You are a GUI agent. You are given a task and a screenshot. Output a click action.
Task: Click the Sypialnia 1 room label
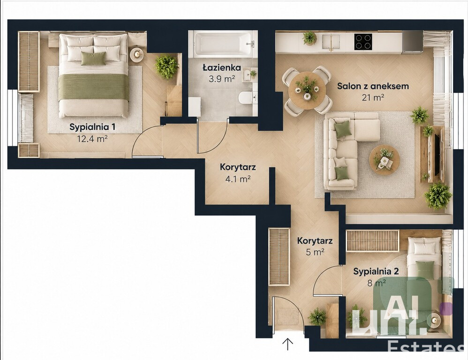[92, 127]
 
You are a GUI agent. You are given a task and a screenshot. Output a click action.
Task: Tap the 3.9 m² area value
[221, 79]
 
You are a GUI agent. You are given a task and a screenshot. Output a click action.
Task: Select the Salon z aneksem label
[373, 86]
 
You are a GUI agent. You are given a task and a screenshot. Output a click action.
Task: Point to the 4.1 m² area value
[237, 179]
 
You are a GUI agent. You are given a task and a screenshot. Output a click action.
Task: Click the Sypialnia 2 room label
[376, 271]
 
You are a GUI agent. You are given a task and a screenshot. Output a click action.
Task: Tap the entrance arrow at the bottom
[288, 344]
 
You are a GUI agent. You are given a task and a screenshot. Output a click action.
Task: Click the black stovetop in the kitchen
[363, 41]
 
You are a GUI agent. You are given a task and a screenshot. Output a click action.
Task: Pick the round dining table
[307, 90]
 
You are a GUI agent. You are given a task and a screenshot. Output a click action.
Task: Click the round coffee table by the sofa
[385, 160]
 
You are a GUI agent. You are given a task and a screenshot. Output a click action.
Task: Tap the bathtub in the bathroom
[223, 44]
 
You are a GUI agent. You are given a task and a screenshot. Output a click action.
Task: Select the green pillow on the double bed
[93, 58]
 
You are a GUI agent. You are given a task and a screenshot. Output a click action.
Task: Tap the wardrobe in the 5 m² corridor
[279, 257]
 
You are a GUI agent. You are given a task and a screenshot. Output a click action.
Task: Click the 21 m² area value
[373, 97]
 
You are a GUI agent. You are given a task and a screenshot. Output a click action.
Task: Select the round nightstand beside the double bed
[137, 54]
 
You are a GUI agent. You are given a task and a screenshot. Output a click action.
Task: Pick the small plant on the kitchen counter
[309, 38]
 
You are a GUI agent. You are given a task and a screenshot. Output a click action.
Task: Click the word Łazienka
[222, 67]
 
